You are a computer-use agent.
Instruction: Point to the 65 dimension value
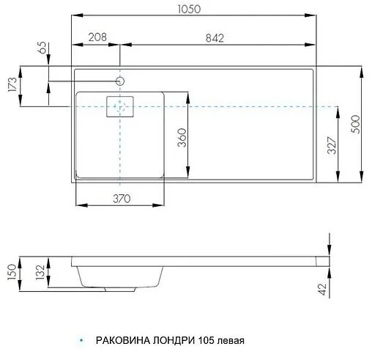(x=42, y=53)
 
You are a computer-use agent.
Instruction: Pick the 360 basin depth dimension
(x=182, y=136)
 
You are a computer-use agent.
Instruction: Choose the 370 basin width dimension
(x=121, y=198)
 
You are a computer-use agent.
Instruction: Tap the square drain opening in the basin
(x=120, y=107)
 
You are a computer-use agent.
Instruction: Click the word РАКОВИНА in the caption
(x=122, y=341)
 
